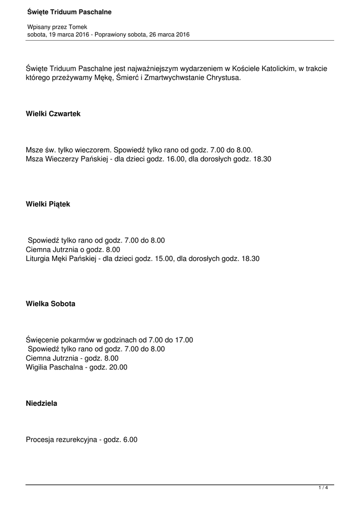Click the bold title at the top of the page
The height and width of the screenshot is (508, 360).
[x=69, y=12]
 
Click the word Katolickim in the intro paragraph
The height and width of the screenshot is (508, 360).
[x=275, y=68]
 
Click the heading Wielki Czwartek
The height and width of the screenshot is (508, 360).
[x=53, y=114]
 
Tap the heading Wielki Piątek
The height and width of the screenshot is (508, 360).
[x=48, y=204]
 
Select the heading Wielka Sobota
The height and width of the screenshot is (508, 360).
[x=51, y=304]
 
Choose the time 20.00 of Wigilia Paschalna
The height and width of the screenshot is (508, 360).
[x=117, y=367]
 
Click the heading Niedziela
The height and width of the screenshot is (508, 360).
[x=42, y=403]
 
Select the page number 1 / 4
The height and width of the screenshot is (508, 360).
[x=323, y=489]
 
